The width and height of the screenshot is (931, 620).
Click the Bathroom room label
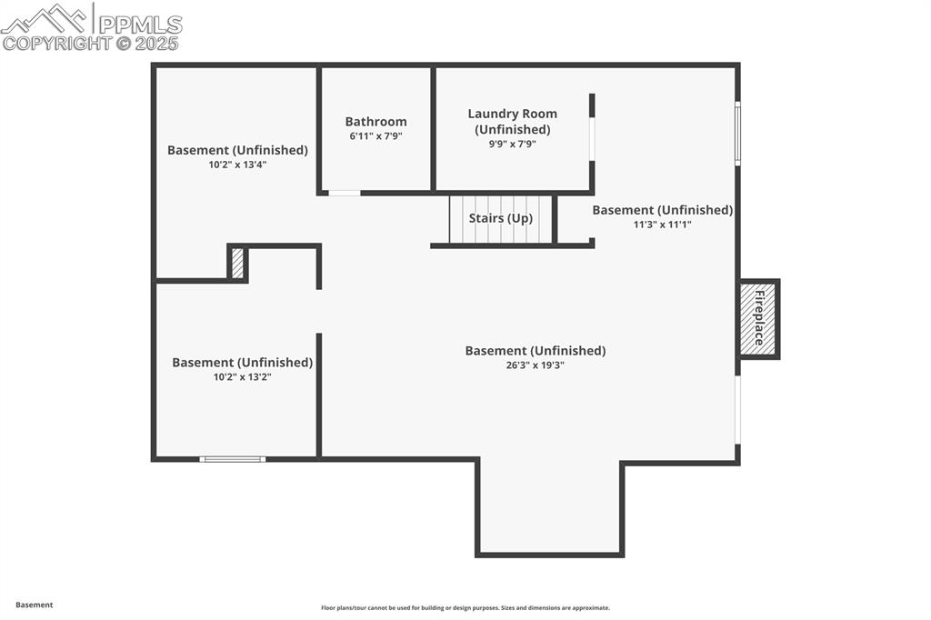pyautogui.click(x=375, y=122)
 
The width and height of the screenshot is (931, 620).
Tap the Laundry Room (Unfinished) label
pyautogui.click(x=512, y=121)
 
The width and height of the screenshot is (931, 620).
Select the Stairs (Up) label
pyautogui.click(x=500, y=218)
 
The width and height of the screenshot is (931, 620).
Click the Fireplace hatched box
pyautogui.click(x=757, y=319)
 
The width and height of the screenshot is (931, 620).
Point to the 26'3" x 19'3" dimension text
pyautogui.click(x=535, y=365)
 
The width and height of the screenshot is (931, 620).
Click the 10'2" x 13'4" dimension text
pyautogui.click(x=237, y=165)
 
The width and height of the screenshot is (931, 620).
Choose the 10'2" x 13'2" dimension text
pyautogui.click(x=242, y=376)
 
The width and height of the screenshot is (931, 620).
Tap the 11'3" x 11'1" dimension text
pyautogui.click(x=662, y=224)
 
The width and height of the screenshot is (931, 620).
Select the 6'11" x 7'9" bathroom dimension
pyautogui.click(x=375, y=136)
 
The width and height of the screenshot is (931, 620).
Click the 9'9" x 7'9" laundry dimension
pyautogui.click(x=512, y=144)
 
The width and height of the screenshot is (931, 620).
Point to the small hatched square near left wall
pyautogui.click(x=237, y=264)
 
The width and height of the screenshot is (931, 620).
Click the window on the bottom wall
pyautogui.click(x=233, y=459)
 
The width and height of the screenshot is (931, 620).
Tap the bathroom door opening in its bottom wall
pyautogui.click(x=344, y=193)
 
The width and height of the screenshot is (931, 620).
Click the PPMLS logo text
pyautogui.click(x=139, y=23)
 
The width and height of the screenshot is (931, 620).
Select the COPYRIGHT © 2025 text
pyautogui.click(x=91, y=43)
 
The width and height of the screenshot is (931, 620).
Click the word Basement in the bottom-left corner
pyautogui.click(x=34, y=605)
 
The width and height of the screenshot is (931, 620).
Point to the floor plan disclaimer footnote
pyautogui.click(x=465, y=608)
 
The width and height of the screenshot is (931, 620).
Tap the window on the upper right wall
pyautogui.click(x=737, y=133)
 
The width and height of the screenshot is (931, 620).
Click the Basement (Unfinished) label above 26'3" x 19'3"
pyautogui.click(x=535, y=351)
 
